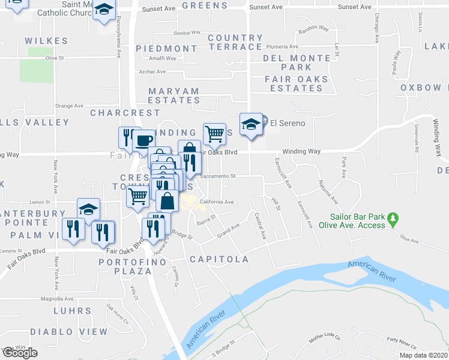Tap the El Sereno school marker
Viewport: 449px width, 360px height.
tap(252, 124)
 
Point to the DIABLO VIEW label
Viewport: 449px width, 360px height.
tap(60, 332)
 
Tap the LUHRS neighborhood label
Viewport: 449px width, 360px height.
tap(73, 311)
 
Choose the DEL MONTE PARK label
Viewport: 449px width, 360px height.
tap(297, 63)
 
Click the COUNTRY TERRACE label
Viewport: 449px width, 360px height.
tap(235, 42)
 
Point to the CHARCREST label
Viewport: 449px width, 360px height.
tap(125, 112)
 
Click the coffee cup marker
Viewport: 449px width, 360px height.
tap(142, 140)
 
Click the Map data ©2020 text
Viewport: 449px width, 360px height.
tap(423, 355)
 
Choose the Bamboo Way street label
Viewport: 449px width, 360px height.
tap(314, 29)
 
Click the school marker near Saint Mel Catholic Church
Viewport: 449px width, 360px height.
tap(104, 10)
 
